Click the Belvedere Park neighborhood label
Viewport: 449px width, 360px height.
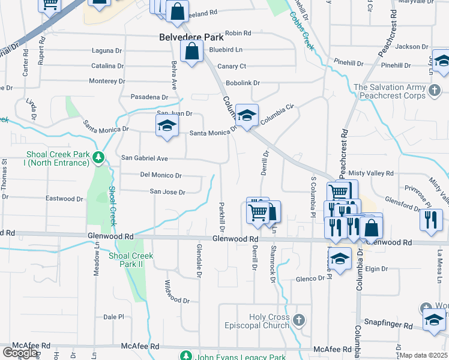point(191,37)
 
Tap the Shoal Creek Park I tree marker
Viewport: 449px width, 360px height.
point(99,158)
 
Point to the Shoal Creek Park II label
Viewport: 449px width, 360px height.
point(131,260)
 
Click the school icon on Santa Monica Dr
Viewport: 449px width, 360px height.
point(167,125)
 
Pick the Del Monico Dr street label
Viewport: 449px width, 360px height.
point(160,175)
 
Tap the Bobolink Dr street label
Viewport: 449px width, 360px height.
point(243,83)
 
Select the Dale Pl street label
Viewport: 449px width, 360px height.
point(113,317)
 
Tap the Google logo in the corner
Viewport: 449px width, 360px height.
point(20,353)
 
